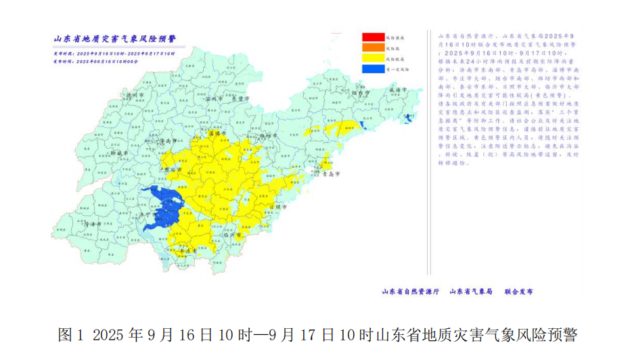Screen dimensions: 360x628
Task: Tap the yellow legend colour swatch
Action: point(372,58)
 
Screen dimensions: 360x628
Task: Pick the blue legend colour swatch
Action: point(372,68)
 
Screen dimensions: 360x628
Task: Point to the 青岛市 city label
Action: point(331,174)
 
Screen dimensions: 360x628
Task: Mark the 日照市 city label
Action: point(278,207)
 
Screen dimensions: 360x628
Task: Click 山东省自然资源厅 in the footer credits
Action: point(411,292)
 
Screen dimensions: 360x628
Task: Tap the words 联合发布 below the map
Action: point(518,292)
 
